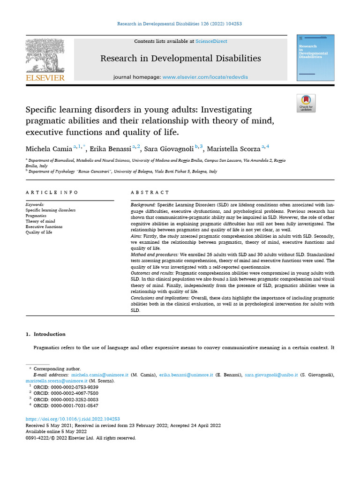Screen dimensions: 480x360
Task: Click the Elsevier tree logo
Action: tap(45, 55)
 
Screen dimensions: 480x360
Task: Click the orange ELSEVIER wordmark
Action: tap(45, 78)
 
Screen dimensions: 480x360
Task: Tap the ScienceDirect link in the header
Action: tap(211, 42)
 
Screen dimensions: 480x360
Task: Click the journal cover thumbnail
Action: tap(315, 58)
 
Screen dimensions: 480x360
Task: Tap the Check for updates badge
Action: tap(306, 103)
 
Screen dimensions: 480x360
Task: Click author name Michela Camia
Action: tap(49, 149)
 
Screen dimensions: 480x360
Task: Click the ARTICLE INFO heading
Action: tap(52, 193)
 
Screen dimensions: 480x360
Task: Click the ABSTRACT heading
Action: tap(150, 193)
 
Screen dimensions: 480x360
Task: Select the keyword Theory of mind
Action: tap(40, 221)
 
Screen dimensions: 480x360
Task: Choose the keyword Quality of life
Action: tap(39, 232)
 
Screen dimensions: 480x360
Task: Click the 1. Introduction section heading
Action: tap(45, 334)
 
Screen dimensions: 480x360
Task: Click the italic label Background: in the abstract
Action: tap(143, 205)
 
